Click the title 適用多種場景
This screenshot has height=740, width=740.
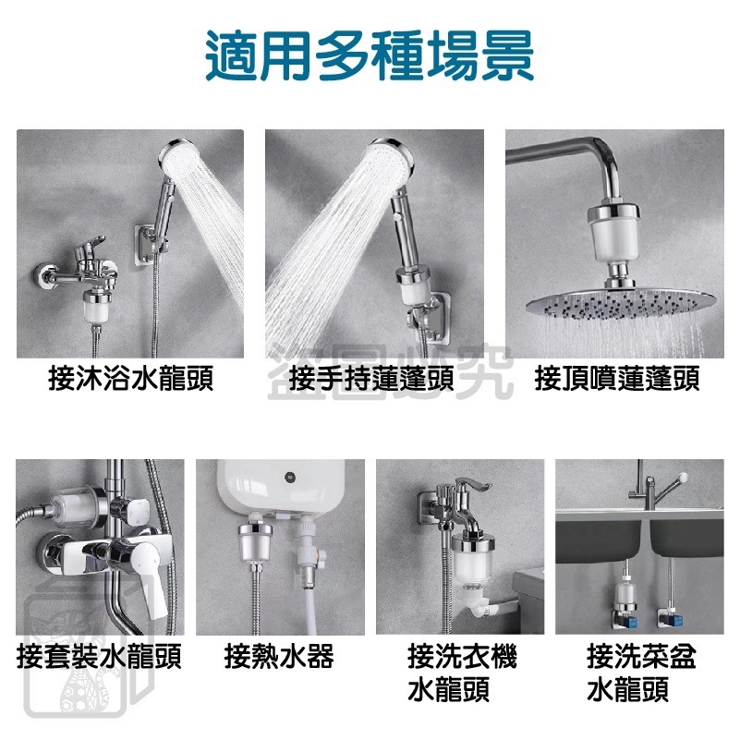point(370,57)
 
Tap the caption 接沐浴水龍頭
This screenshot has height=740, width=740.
point(130,380)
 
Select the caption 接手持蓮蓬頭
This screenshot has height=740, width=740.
point(370,380)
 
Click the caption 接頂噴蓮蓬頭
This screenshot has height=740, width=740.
point(617,380)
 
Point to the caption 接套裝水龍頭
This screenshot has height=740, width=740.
point(99,658)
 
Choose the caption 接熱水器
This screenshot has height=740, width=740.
point(279,658)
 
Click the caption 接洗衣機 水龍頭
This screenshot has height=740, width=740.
point(462,673)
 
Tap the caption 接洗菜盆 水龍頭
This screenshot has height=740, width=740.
point(641,673)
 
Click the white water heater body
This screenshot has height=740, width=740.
point(277,490)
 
